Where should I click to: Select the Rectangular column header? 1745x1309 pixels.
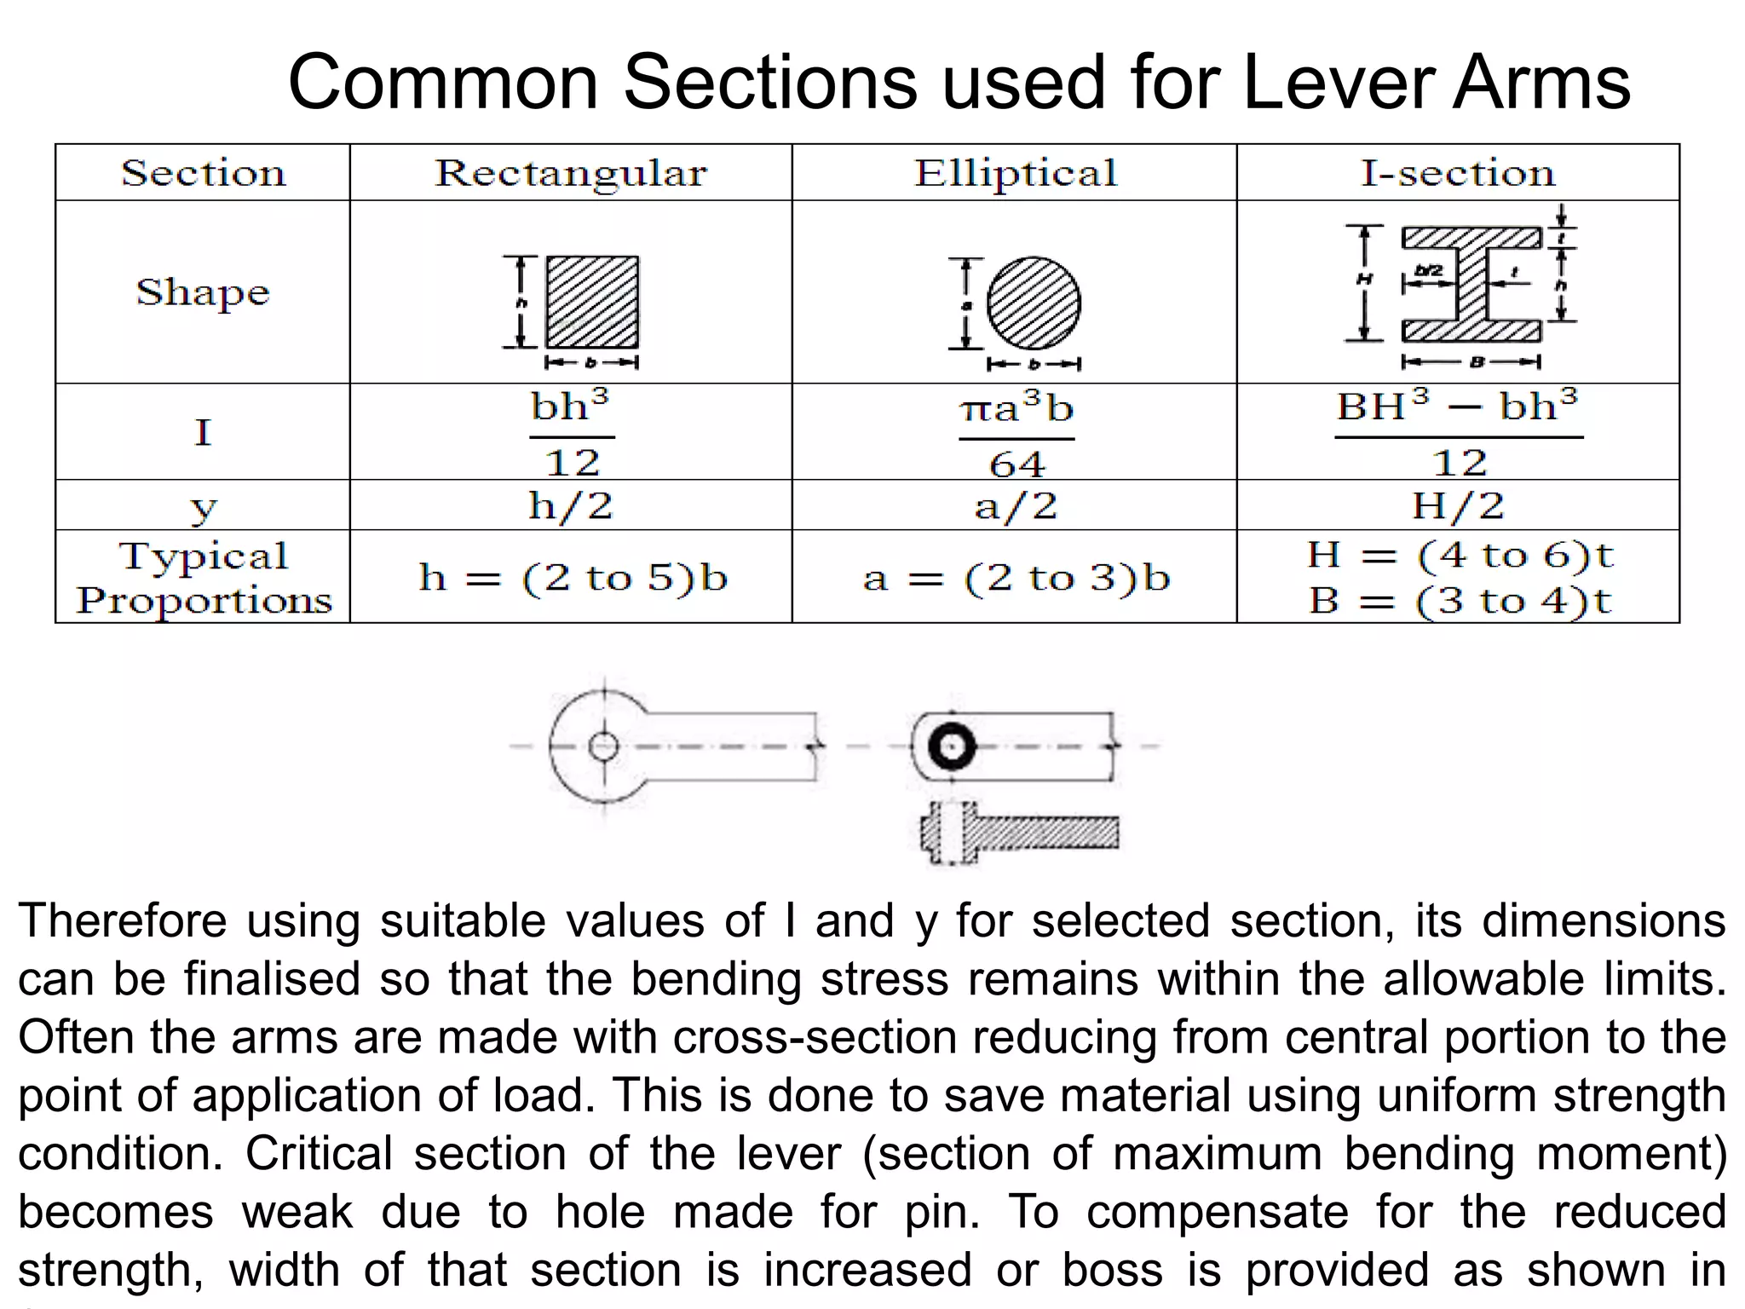coord(571,173)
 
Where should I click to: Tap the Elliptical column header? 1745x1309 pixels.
coord(1015,173)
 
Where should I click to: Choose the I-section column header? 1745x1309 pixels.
coord(1458,173)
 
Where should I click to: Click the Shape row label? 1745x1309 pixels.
coord(203,292)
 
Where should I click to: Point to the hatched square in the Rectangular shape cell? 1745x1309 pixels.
coord(592,302)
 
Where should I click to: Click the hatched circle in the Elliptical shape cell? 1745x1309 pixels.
coord(1034,303)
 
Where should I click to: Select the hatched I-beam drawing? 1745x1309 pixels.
coord(1471,284)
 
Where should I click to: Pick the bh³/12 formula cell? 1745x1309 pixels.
coord(571,433)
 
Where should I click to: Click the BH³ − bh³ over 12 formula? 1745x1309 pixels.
coord(1458,433)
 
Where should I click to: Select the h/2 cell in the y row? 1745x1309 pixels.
coord(571,505)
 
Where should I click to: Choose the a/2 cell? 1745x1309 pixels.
coord(1016,506)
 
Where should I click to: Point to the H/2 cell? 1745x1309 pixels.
coord(1458,505)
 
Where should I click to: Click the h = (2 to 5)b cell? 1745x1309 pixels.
coord(573,578)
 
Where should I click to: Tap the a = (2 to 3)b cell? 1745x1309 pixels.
coord(1016,578)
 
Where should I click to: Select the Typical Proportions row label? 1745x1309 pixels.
coord(204,578)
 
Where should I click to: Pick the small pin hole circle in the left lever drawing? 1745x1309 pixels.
coord(603,747)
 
